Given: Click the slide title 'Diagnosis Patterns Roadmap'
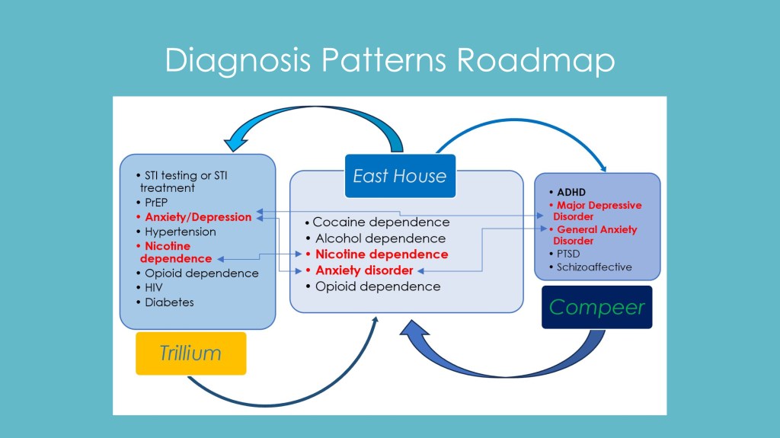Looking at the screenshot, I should point(389,60).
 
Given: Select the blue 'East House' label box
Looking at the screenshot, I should point(400,176).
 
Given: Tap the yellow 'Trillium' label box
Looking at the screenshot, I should point(190,353).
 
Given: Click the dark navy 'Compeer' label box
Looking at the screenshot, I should point(596,307).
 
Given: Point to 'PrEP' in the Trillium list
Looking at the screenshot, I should point(157,203).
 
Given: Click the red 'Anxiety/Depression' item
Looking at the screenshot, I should point(198,217).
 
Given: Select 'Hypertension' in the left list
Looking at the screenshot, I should point(181,232).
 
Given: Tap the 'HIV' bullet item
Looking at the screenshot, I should point(153,287).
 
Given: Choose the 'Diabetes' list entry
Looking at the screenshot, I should point(169,302).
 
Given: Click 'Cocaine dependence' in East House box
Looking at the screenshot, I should point(381,222).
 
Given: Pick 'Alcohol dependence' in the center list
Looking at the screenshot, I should point(380,238).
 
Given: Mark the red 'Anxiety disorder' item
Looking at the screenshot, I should point(364,270).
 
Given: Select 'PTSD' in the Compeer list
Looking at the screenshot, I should point(568,253).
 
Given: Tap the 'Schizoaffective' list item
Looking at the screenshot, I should point(594,267).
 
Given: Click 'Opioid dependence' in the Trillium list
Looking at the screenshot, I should point(202,273).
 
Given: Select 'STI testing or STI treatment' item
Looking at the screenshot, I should point(183,181).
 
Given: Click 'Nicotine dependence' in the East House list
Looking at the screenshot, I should point(382,254).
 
